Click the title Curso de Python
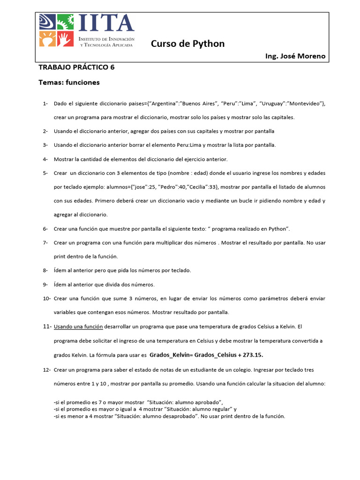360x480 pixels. pos(187,44)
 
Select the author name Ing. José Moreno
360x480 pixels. pos(295,57)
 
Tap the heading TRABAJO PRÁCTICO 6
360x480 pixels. pos(76,67)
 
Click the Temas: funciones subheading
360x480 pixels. pos(69,82)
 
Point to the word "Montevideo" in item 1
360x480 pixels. pos(303,103)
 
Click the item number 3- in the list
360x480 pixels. pos(45,145)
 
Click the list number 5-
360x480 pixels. pos(45,173)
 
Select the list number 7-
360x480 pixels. pos(45,243)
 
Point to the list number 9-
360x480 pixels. pos(45,285)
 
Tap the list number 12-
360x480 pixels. pos(46,370)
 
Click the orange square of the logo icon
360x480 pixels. pos(46,39)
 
